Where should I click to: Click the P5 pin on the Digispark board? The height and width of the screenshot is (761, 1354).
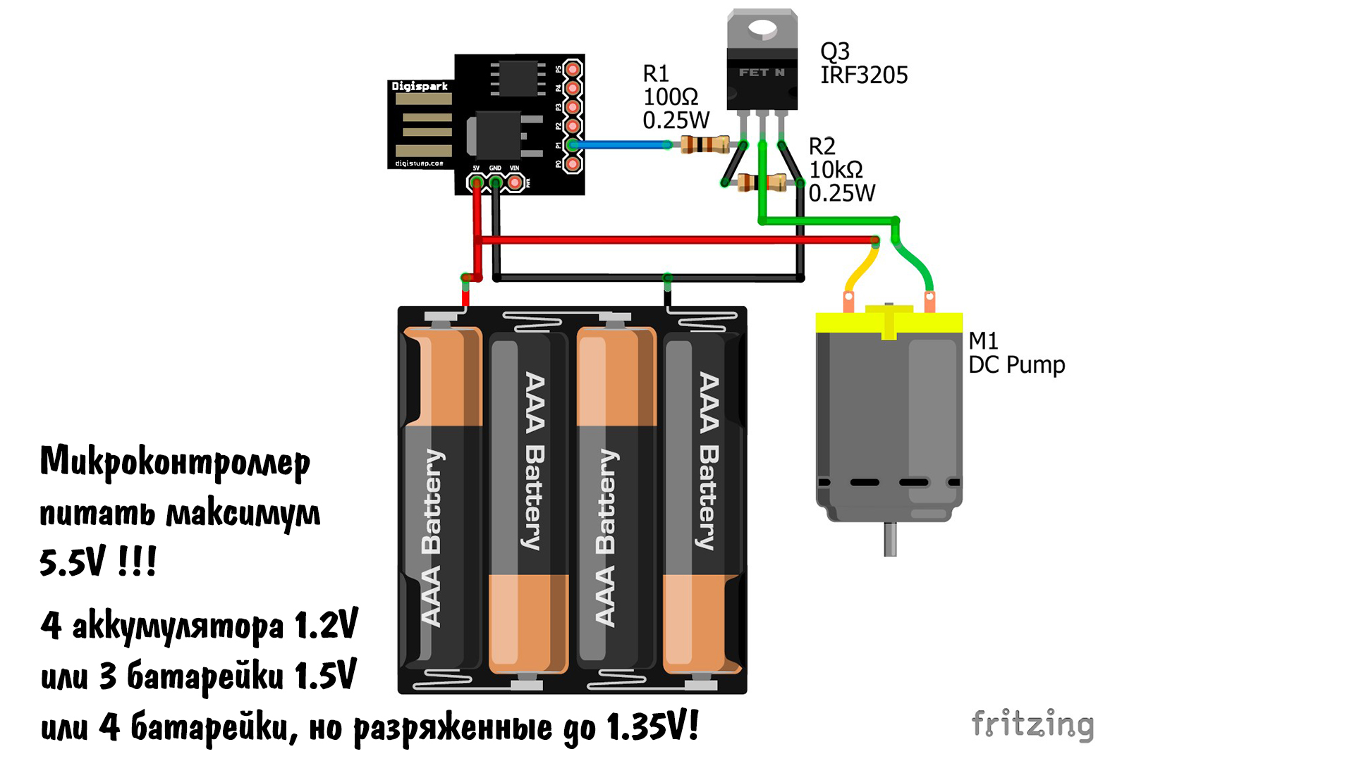tap(573, 69)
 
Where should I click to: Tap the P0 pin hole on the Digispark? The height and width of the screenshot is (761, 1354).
tap(573, 164)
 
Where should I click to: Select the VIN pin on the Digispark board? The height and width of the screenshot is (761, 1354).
tap(516, 183)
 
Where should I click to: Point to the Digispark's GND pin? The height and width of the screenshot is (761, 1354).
tap(496, 183)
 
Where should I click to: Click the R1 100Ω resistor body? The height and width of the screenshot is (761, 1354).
tap(705, 145)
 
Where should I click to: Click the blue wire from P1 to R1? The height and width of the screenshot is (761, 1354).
tap(621, 145)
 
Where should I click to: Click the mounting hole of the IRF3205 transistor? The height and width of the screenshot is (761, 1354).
tap(762, 29)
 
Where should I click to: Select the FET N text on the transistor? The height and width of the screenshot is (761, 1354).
tap(762, 73)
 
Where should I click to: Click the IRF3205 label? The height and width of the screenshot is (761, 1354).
tap(864, 75)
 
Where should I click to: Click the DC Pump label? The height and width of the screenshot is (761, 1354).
tap(1016, 365)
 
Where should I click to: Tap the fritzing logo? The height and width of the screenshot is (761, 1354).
tap(1032, 724)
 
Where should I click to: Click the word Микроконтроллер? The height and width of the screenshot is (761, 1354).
tap(175, 462)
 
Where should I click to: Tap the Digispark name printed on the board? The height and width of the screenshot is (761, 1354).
tap(420, 86)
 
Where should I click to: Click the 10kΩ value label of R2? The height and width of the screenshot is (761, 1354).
tap(836, 170)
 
